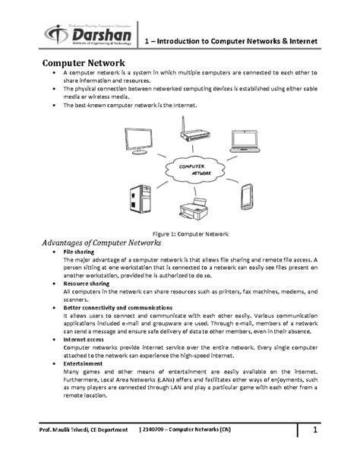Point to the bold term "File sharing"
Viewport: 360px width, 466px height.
click(80, 252)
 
